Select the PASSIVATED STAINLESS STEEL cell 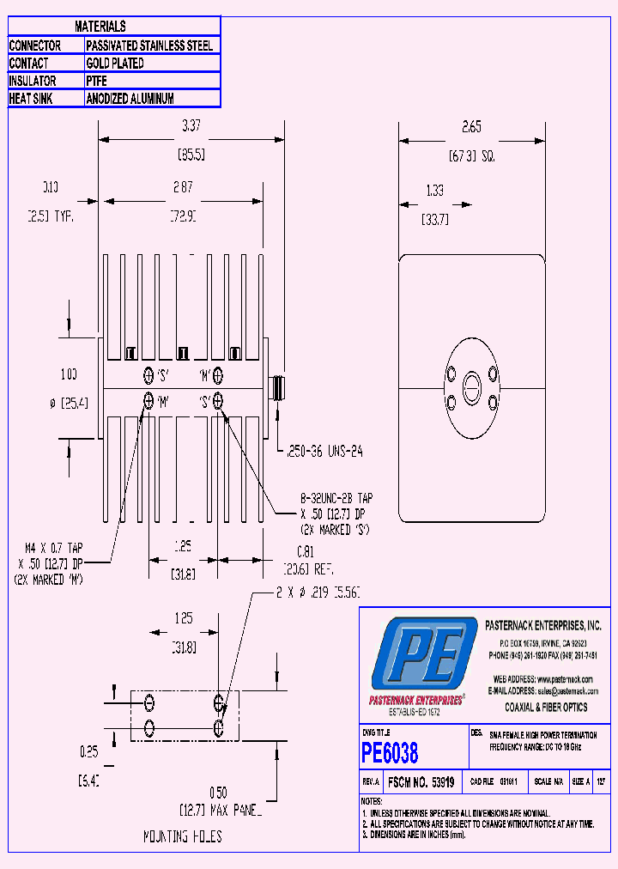tap(149, 46)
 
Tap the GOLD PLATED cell tap(115, 64)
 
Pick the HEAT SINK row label tap(32, 99)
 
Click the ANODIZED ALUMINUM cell tap(130, 99)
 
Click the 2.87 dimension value tap(183, 186)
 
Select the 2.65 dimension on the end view tap(471, 127)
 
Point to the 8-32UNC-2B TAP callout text tap(336, 498)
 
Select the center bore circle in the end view tap(471, 386)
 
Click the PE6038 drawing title tap(390, 753)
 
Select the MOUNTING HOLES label tap(182, 836)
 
